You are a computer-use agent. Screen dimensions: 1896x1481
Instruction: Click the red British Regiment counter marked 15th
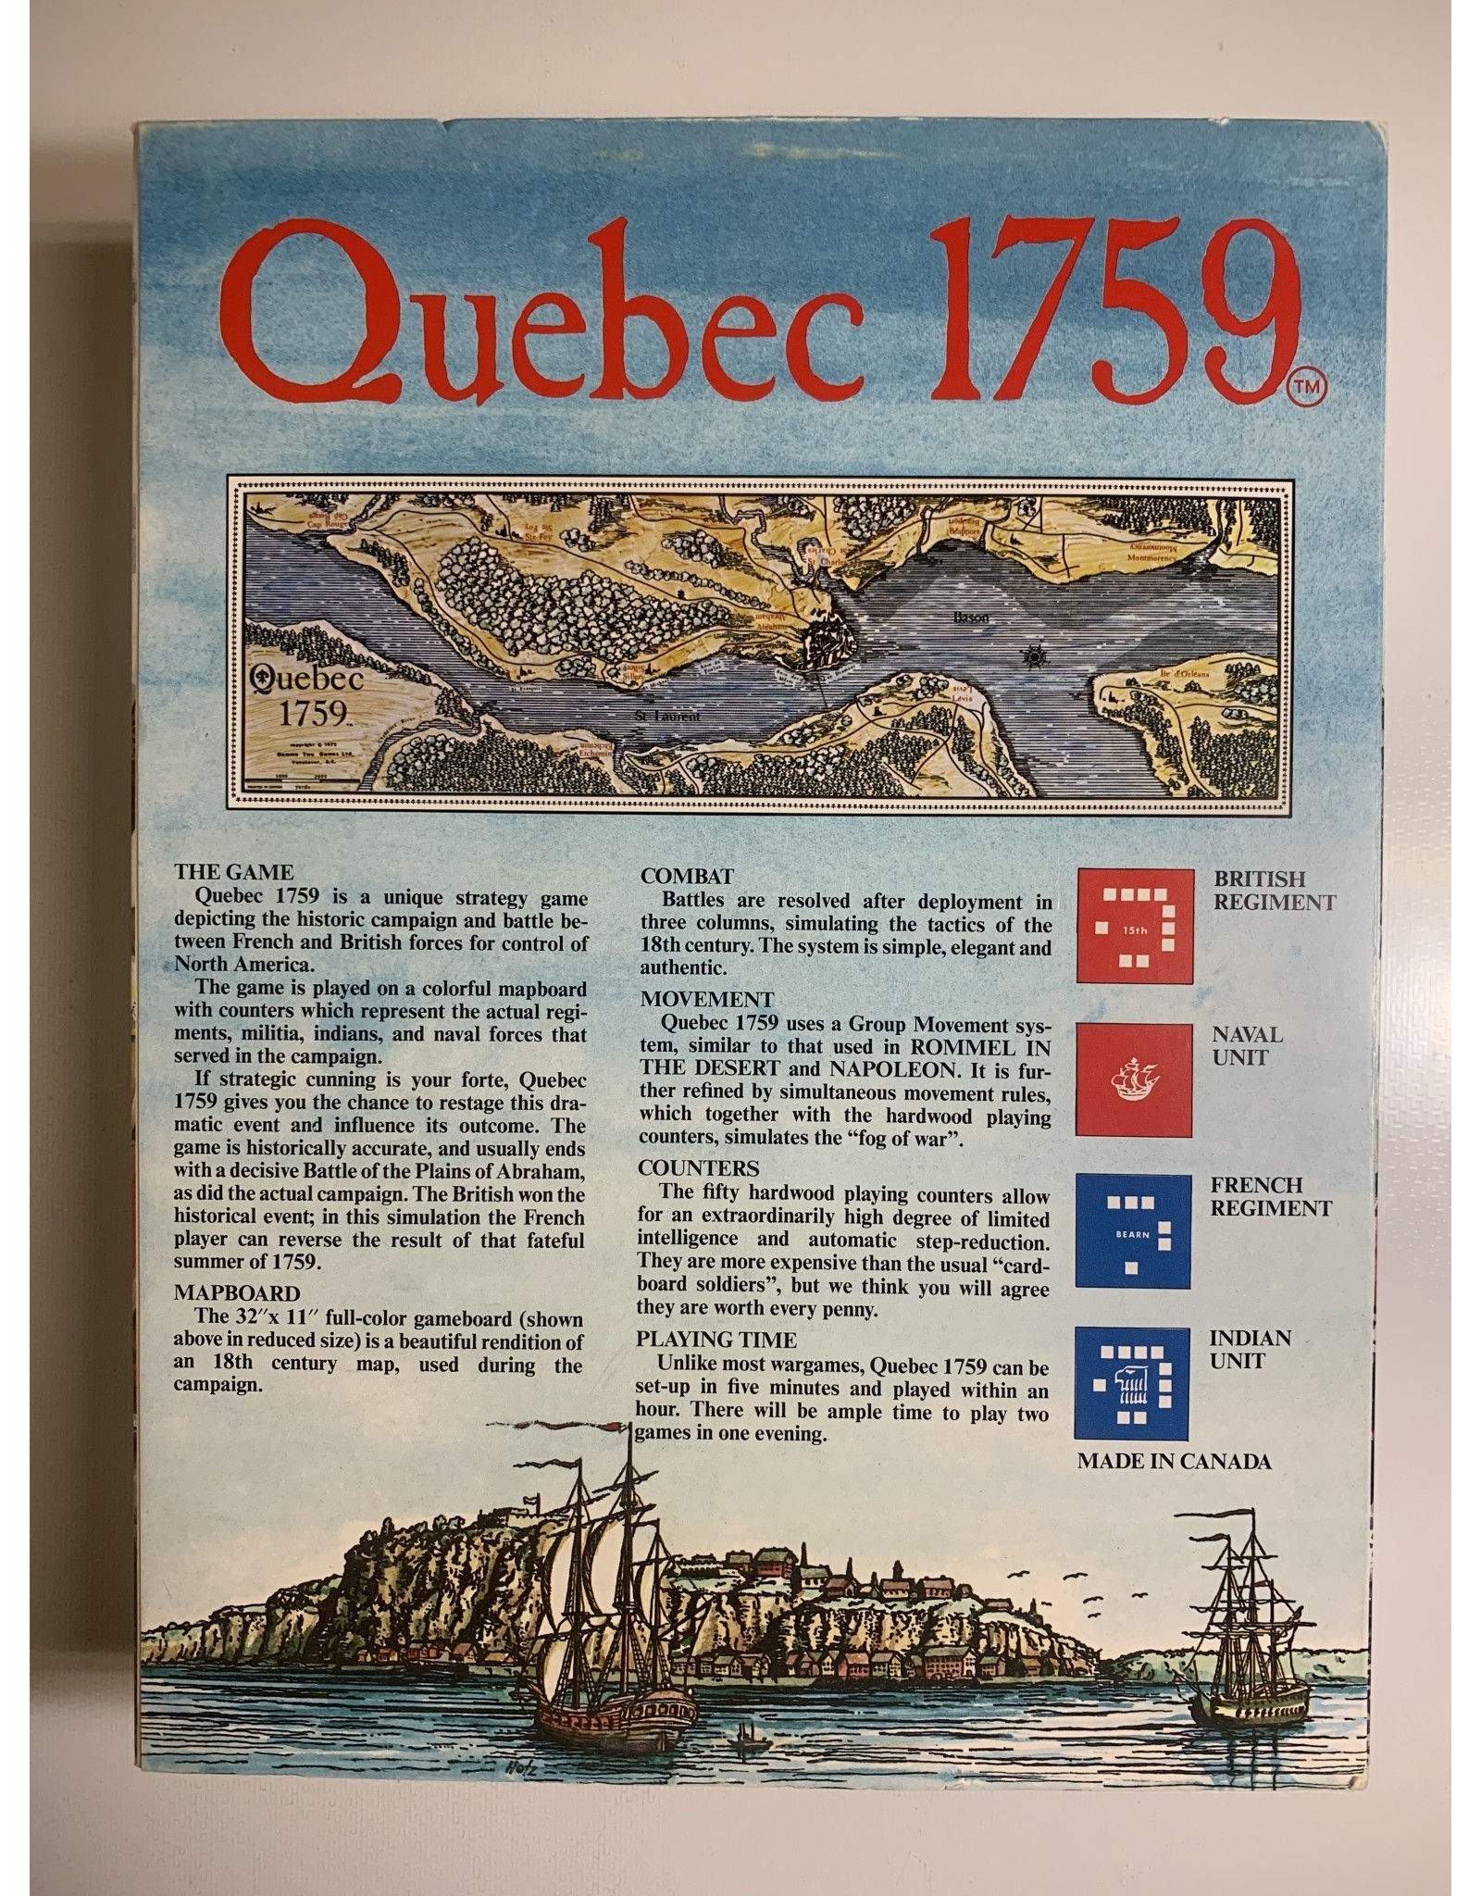click(1134, 925)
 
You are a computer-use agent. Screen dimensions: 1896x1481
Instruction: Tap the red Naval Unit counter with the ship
click(1134, 1079)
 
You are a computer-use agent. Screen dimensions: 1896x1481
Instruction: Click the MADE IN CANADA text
click(1174, 1462)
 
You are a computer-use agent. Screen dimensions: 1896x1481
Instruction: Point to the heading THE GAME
click(233, 872)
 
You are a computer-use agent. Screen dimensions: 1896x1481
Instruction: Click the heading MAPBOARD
click(237, 1293)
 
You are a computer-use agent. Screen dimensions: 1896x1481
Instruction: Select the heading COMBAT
click(687, 877)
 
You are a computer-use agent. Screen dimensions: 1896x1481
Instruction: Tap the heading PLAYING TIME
click(716, 1340)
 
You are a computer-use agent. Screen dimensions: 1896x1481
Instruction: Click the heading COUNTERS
click(698, 1168)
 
